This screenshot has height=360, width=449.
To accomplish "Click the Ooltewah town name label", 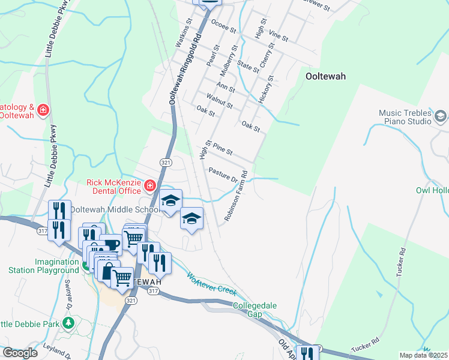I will point(325,76).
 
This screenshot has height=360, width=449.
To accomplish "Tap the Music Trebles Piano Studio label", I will point(405,117).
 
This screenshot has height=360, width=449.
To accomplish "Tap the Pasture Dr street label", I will point(223,173).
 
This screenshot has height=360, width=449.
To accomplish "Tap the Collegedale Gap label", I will point(255,310).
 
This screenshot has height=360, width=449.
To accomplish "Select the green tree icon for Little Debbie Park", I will point(68,324).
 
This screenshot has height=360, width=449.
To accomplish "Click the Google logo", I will point(20,353).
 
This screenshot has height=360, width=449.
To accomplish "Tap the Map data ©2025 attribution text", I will point(423,355).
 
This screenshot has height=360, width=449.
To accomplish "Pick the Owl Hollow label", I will point(432,190).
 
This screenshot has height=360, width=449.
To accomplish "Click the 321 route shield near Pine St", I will point(166,163).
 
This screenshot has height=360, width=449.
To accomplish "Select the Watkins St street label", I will point(183,33).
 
